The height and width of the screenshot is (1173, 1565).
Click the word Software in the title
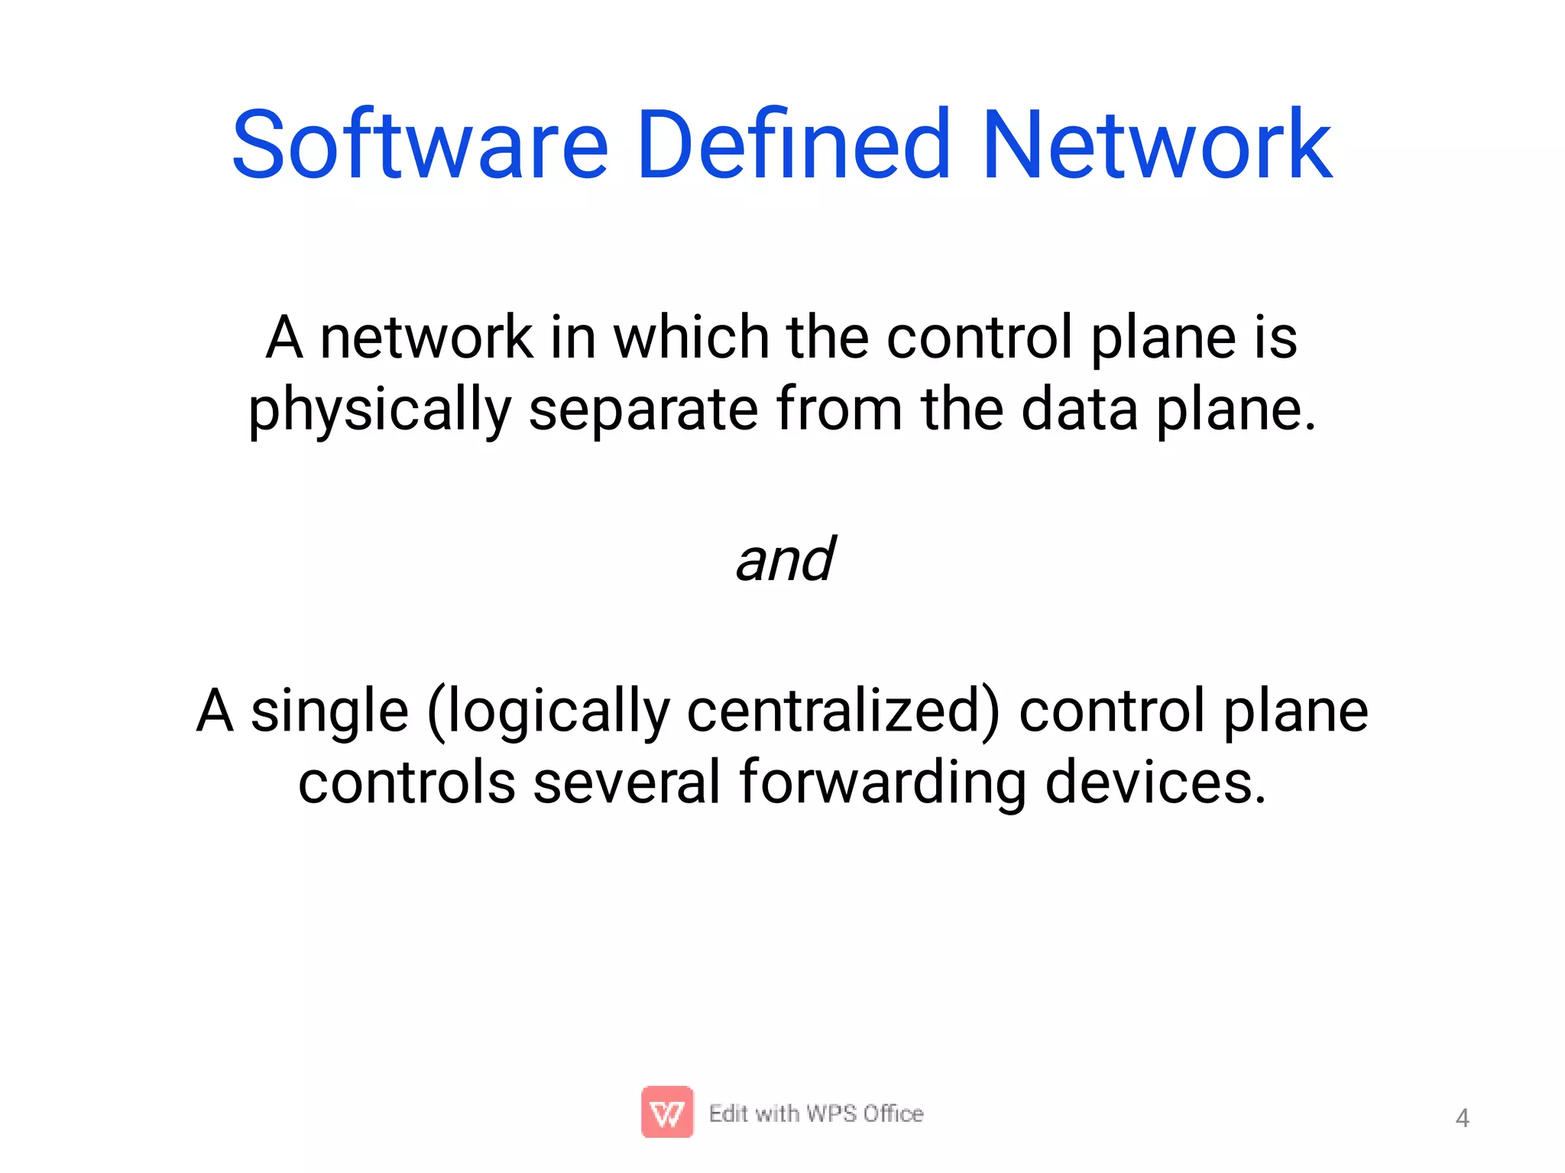point(420,145)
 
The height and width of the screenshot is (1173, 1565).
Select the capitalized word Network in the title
point(1157,145)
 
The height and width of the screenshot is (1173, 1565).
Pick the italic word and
point(785,559)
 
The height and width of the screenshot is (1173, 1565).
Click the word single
point(329,711)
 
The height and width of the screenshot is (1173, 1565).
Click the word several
point(627,783)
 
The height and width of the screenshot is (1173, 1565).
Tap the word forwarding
point(883,784)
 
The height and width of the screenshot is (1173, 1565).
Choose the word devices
point(1155,783)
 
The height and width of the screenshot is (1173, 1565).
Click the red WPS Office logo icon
point(667,1112)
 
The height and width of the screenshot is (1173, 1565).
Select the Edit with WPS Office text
point(816,1114)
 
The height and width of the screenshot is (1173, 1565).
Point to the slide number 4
point(1462,1119)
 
